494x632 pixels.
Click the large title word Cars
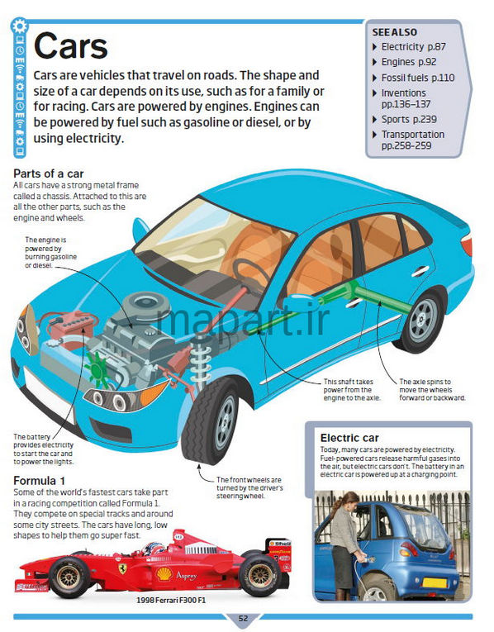(x=71, y=46)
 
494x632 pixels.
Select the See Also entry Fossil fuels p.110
(x=418, y=78)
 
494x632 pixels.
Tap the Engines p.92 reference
(x=409, y=62)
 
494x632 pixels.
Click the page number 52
(x=244, y=619)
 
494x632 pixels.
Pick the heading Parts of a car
(x=49, y=173)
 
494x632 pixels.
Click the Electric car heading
(x=349, y=438)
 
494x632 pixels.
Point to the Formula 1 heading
(x=39, y=481)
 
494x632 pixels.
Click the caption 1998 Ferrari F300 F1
(x=171, y=600)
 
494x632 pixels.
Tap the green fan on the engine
(x=97, y=369)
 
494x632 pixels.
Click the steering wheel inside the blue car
(x=252, y=273)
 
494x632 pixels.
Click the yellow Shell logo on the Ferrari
(x=164, y=573)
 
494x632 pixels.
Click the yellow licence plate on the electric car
(x=435, y=582)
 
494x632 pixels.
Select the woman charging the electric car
(x=343, y=545)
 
